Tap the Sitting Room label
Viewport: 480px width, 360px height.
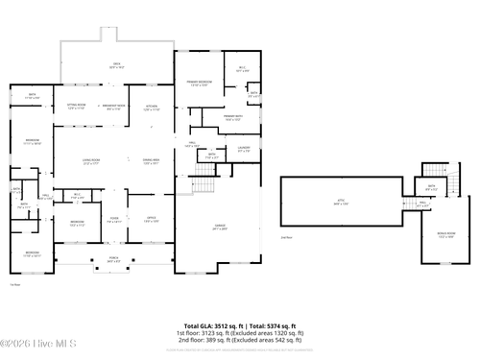tap(77, 107)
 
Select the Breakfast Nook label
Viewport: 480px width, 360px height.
tap(114, 107)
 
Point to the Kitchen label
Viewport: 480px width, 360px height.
tap(152, 107)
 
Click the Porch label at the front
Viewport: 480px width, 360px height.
tap(114, 260)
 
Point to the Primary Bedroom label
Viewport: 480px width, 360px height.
tap(199, 83)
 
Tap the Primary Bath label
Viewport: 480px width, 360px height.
tap(231, 118)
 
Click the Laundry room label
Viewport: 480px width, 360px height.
tap(244, 150)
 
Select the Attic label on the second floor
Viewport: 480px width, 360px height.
tap(341, 203)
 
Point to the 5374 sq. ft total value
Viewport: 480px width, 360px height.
tap(284, 326)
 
